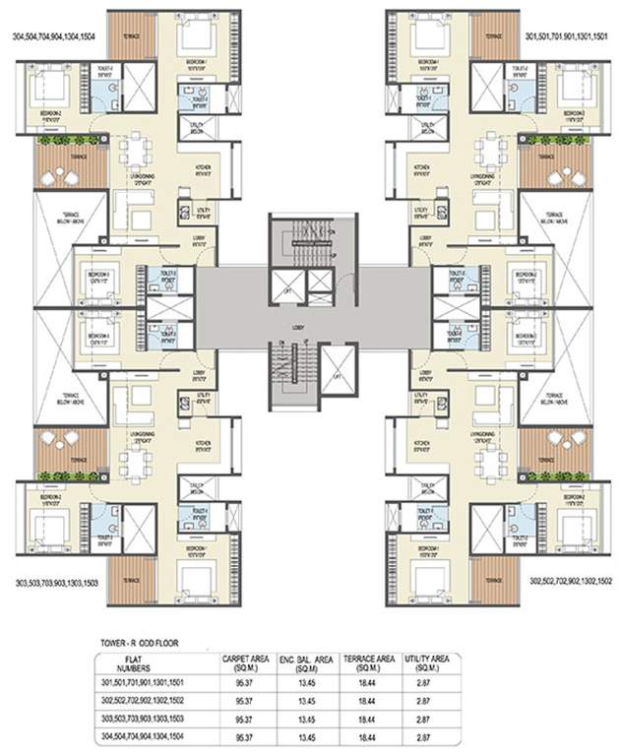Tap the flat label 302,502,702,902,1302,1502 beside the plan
pyautogui.click(x=570, y=582)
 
